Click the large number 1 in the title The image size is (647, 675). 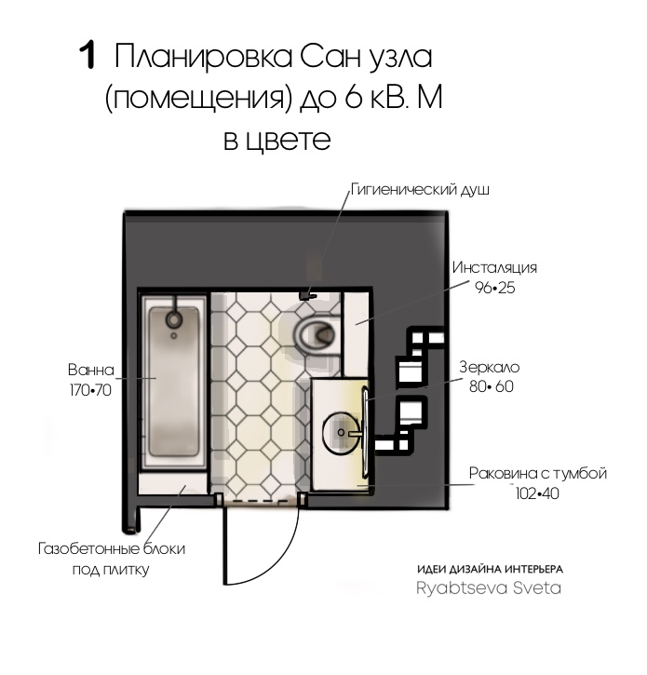tap(88, 56)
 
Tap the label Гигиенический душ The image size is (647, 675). tap(420, 189)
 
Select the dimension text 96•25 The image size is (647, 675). tap(494, 288)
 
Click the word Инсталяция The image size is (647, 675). tap(494, 267)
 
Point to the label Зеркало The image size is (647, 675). tap(490, 367)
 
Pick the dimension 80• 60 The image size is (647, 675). tap(492, 386)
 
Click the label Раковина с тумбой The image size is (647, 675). tap(538, 473)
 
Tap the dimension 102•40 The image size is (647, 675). tap(537, 493)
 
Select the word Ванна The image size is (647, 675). tap(91, 370)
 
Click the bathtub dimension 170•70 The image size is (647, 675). tap(90, 390)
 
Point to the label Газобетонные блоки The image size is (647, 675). tap(112, 549)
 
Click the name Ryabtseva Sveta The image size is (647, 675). tap(489, 588)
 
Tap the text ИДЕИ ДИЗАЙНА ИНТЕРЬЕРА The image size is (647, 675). tap(490, 569)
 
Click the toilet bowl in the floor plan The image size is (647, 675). tap(315, 333)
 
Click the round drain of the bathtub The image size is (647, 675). tap(174, 319)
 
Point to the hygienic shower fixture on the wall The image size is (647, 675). tap(308, 295)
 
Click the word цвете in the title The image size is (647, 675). tap(289, 141)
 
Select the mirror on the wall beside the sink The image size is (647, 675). tap(365, 433)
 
